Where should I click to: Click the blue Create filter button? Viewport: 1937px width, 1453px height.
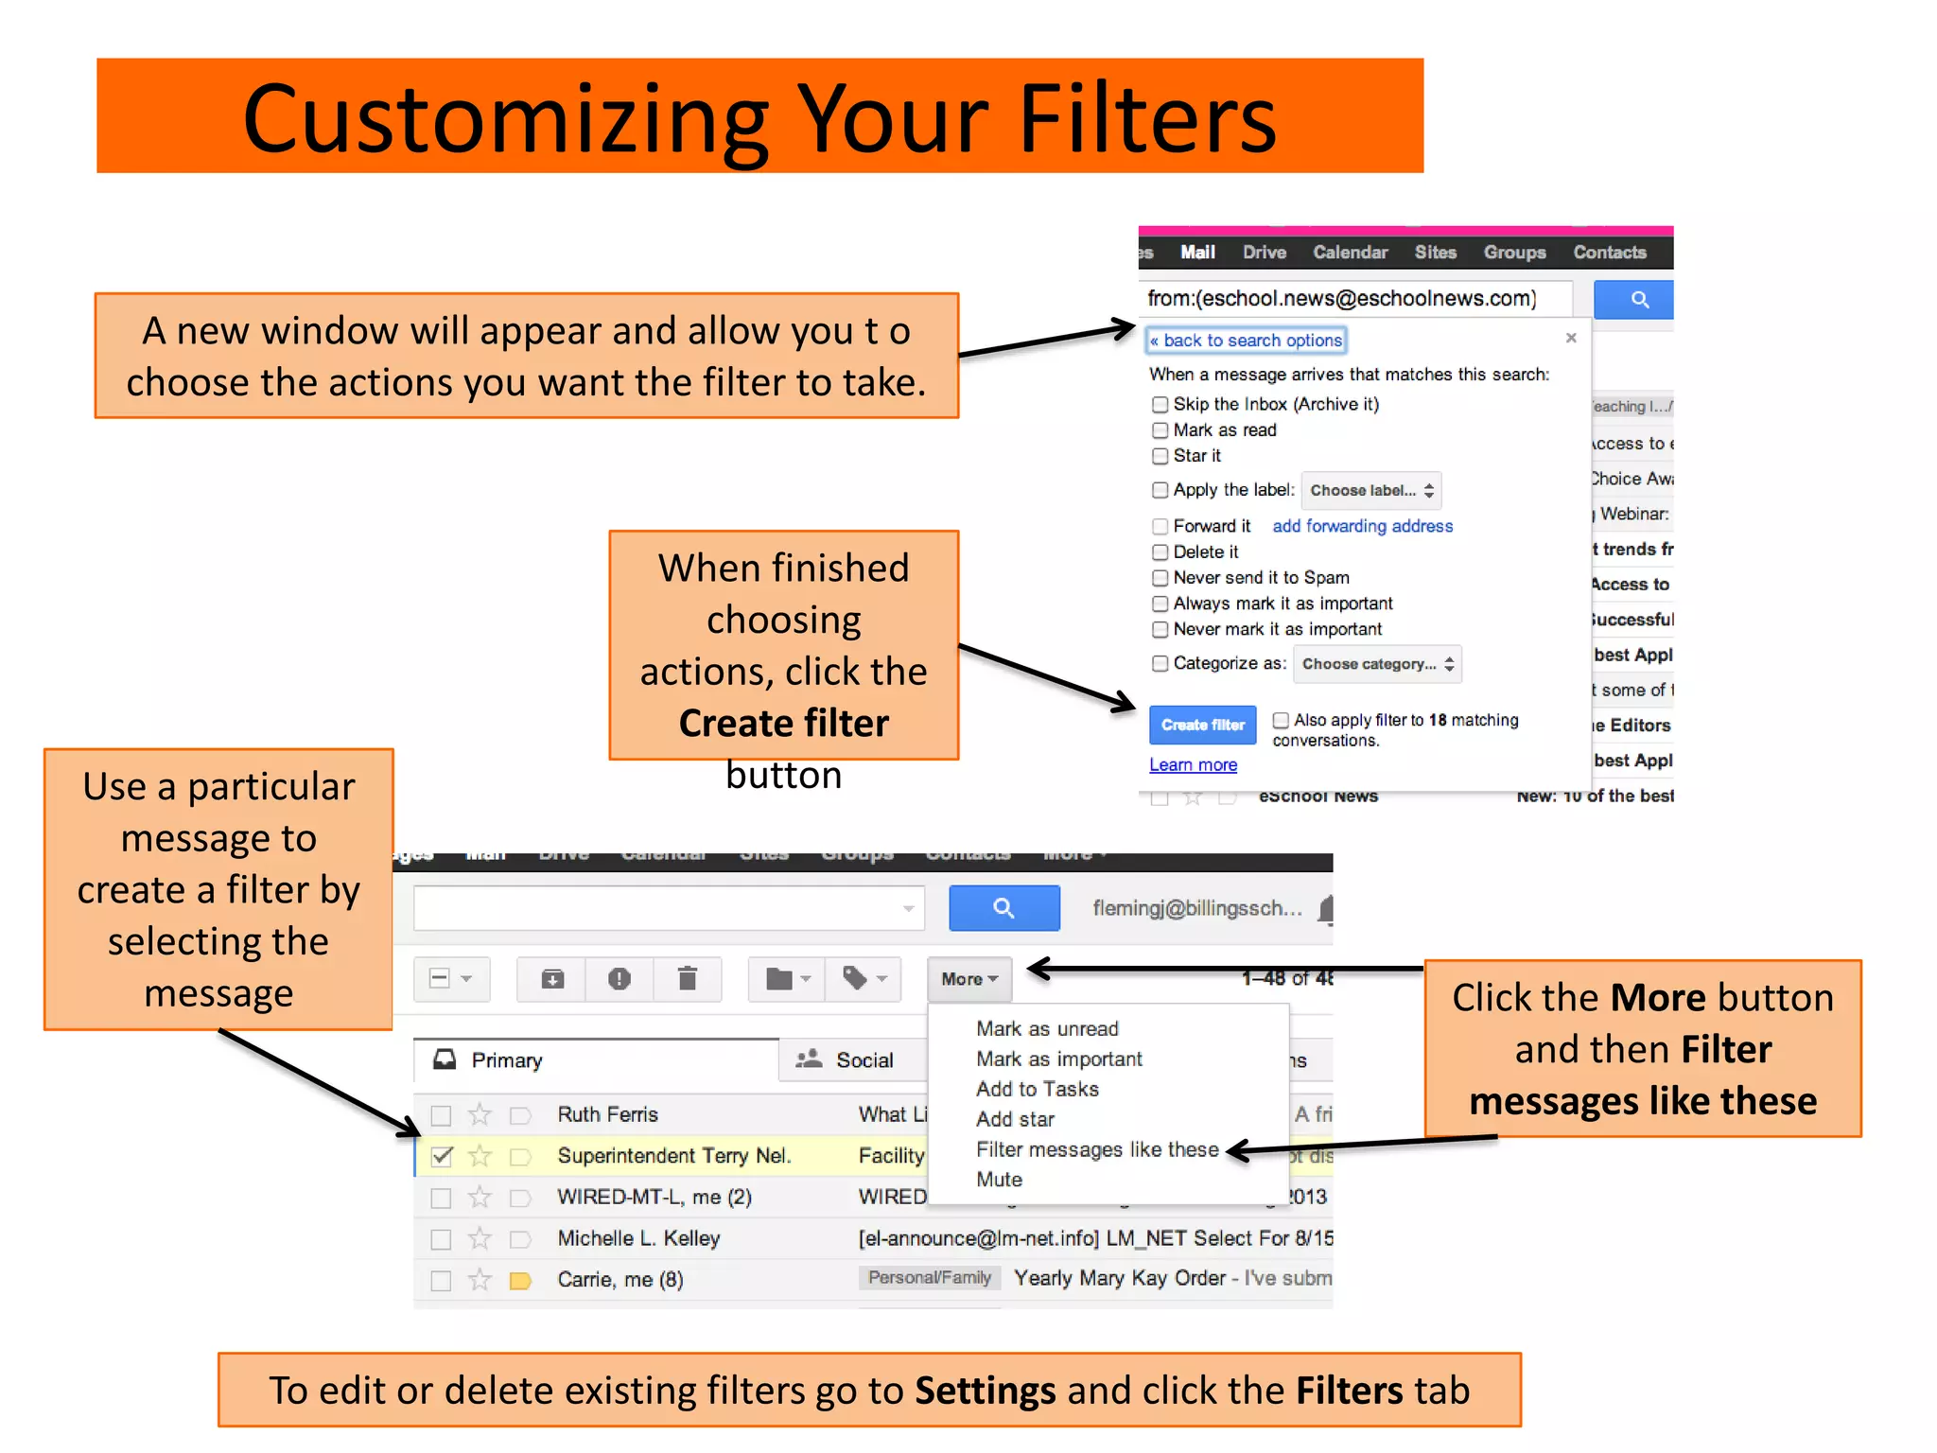1202,725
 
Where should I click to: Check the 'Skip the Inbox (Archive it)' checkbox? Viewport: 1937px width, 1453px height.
1160,405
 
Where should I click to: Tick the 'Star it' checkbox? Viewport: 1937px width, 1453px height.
1160,456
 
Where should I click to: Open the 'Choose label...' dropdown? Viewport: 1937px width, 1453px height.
1370,490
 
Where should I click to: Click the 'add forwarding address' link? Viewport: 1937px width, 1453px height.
1362,526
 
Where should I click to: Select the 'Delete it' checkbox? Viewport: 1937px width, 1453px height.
1160,552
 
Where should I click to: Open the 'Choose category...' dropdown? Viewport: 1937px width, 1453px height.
1376,664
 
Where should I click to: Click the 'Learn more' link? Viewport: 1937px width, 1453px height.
1193,765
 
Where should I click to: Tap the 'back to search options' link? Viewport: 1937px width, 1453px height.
1246,341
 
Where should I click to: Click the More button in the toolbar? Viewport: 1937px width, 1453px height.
969,979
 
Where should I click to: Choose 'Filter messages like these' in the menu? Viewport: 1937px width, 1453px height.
1097,1149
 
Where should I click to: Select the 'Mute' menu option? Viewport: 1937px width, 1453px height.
999,1180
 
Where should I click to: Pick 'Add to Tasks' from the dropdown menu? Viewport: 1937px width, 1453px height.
1037,1089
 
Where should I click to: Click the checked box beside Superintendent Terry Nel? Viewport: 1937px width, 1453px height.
442,1156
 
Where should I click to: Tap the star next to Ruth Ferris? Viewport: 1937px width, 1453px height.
480,1114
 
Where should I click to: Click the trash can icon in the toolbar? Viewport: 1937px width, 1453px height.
688,978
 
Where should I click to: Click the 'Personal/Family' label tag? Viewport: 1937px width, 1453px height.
929,1278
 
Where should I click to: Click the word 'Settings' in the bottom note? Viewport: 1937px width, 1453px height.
985,1391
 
